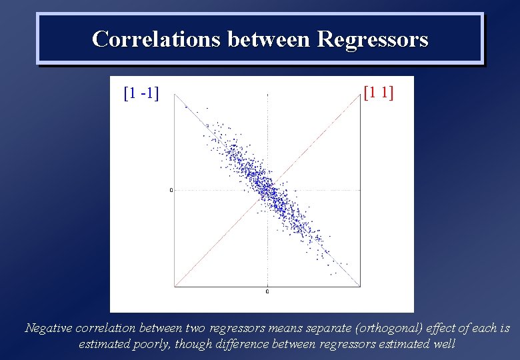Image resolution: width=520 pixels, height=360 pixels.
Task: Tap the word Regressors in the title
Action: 373,39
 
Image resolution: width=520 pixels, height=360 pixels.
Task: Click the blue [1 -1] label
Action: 141,93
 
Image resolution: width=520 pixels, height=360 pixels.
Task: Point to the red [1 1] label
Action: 378,92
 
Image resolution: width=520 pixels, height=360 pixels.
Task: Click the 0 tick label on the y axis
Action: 171,190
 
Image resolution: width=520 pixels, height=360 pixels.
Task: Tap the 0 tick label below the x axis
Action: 267,291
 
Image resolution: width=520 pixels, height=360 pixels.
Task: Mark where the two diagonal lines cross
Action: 267,190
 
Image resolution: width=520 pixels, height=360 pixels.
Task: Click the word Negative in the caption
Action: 49,328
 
